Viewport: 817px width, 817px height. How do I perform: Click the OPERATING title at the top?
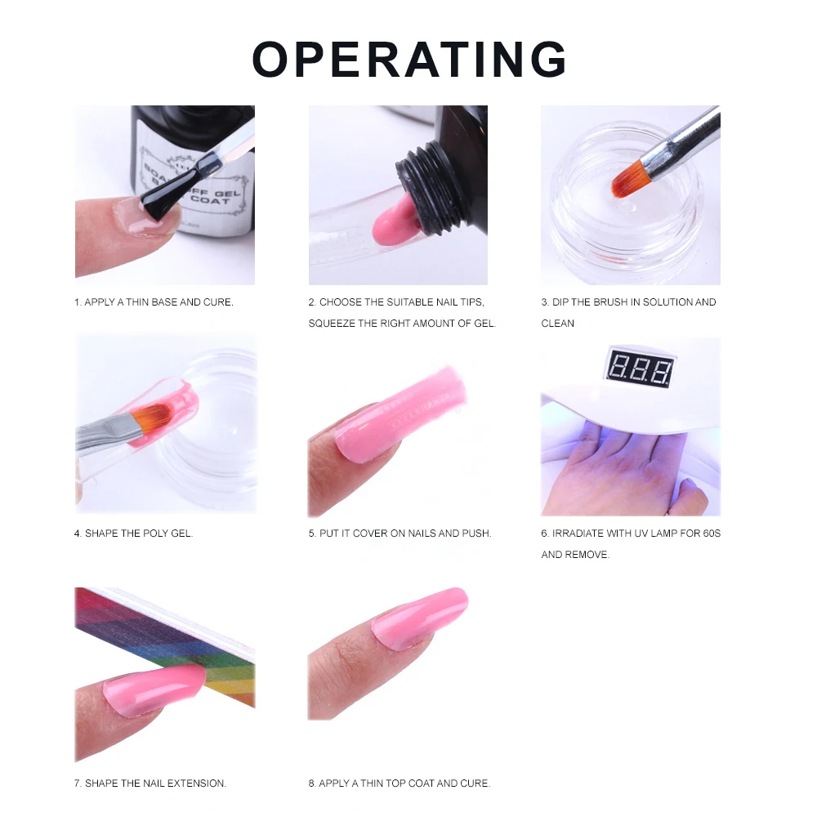(x=408, y=59)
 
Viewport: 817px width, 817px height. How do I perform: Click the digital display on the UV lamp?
(x=639, y=370)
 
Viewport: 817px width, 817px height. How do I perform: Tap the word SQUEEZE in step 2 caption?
(x=332, y=324)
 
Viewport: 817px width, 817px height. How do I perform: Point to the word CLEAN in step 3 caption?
(x=558, y=324)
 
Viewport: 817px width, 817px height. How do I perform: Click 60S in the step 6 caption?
(x=712, y=534)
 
